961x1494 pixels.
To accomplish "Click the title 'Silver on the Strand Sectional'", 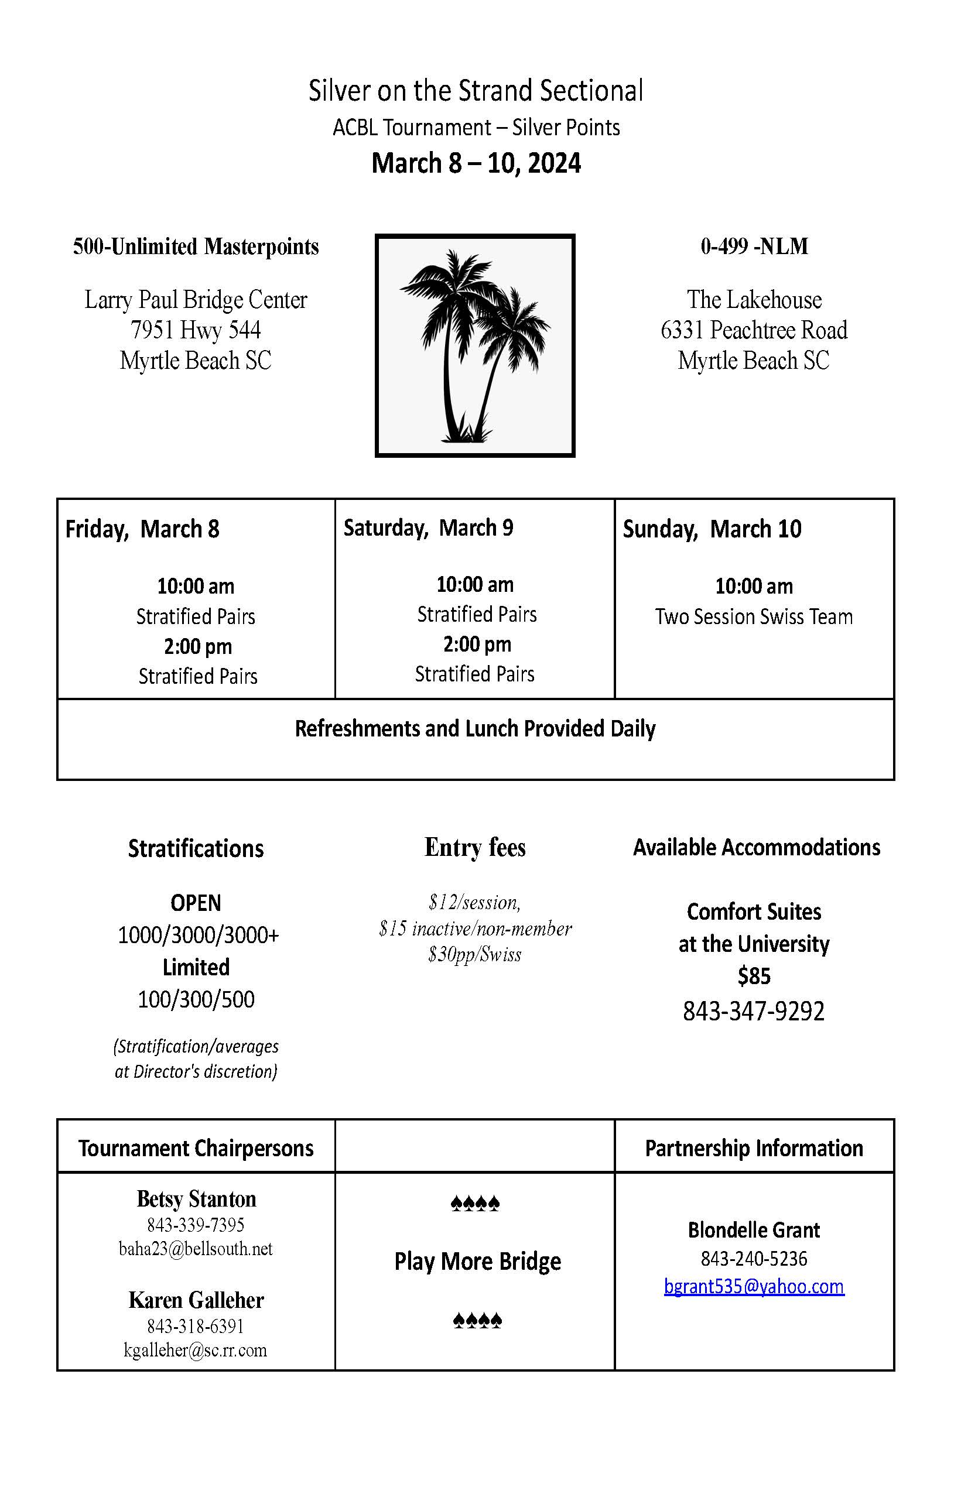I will coord(476,91).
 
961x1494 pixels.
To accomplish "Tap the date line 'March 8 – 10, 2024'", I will coord(476,163).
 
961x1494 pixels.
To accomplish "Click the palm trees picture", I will coord(475,345).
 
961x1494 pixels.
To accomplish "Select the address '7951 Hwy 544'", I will coord(196,330).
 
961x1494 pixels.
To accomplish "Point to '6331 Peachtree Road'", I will coord(754,330).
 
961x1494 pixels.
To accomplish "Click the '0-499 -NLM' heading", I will coord(754,246).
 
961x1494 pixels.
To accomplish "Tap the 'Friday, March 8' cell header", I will coord(142,529).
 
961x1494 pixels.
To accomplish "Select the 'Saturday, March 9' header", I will coord(428,527).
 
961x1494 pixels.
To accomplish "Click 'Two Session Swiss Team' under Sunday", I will coord(754,616).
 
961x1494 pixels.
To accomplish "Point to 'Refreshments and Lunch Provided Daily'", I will coord(475,729).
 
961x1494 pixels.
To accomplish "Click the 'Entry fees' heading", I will coord(475,847).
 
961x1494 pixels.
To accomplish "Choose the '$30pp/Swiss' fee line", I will coord(475,954).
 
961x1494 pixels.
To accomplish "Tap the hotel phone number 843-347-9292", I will coord(754,1011).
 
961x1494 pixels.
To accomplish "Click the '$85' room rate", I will coord(754,976).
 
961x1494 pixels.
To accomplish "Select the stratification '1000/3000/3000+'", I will coord(199,935).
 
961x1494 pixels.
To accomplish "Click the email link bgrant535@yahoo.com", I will coord(754,1286).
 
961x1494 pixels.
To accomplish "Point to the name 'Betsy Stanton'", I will coord(196,1199).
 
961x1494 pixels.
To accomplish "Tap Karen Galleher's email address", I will coord(196,1350).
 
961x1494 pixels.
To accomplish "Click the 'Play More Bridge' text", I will coord(477,1262).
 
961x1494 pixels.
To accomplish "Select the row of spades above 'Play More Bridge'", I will coord(476,1203).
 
